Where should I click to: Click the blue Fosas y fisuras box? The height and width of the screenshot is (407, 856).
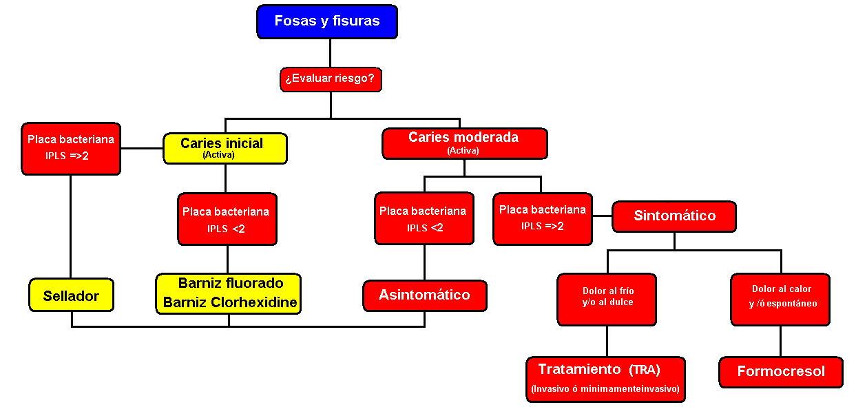pos(327,22)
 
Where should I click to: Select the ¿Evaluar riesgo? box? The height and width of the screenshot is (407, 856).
pos(331,79)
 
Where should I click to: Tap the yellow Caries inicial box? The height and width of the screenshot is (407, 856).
pos(225,148)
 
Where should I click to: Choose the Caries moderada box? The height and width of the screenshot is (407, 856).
pos(465,144)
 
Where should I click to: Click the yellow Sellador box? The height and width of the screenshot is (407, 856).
pos(72,295)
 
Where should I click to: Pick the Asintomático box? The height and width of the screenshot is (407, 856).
pos(425,296)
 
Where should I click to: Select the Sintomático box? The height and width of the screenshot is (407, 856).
pos(674,216)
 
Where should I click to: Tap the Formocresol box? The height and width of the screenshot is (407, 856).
pos(781,373)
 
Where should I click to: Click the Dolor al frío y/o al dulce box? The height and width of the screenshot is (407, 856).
pos(607,300)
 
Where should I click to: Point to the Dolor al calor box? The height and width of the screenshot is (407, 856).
pos(780,300)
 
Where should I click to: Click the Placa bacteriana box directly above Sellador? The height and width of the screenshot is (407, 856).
pos(71,149)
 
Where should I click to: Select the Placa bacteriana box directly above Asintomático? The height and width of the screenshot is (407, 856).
pos(425,218)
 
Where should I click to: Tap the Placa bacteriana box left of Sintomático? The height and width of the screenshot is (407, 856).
pos(543,219)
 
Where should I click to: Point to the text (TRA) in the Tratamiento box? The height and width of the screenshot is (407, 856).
pos(645,370)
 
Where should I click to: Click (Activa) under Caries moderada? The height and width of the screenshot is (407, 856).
pos(463,151)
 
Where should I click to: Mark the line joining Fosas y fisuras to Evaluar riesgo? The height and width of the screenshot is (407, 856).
pos(330,53)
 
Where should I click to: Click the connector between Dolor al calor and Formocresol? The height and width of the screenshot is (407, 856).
pos(780,342)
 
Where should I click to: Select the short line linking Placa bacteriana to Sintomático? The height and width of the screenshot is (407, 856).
pos(603,216)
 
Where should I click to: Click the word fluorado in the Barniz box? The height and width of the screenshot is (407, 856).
pos(260,283)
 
